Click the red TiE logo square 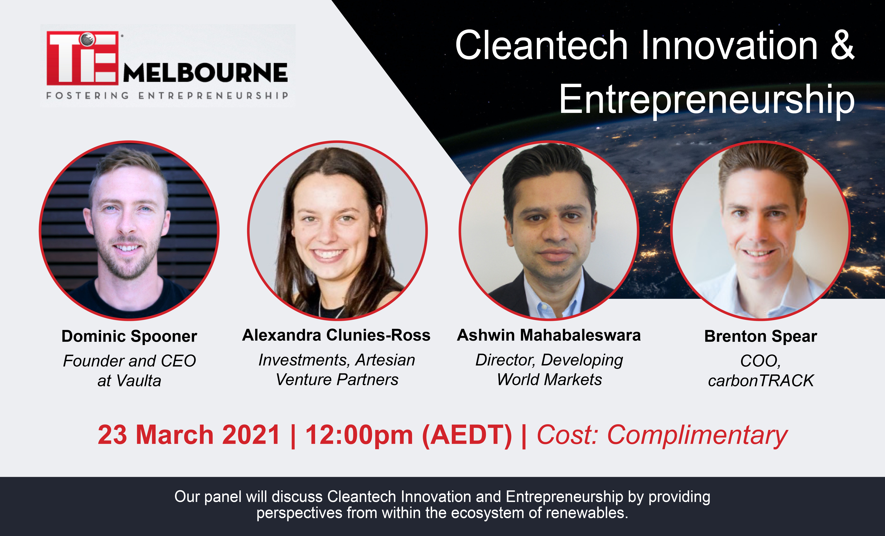[83, 58]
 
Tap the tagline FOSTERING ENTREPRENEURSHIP [167, 96]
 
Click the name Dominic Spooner [129, 336]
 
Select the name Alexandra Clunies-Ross [336, 335]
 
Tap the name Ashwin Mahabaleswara [549, 335]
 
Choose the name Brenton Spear [761, 336]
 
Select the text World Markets [550, 379]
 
